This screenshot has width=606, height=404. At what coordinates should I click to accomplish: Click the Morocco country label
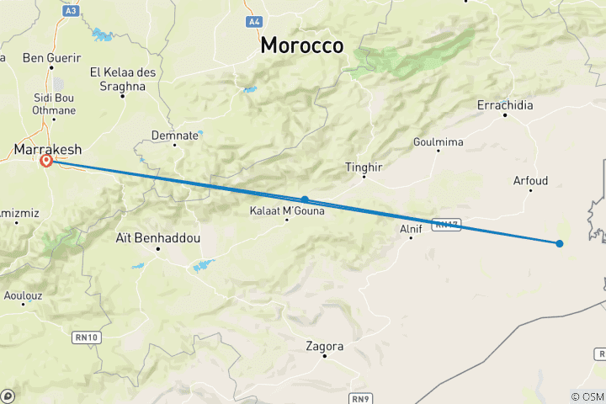pos(301,45)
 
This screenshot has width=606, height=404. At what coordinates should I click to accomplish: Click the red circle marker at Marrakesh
pos(46,161)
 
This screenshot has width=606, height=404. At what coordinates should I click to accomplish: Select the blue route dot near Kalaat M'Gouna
pos(305,199)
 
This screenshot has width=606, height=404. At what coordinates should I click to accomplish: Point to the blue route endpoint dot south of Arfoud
pos(560,243)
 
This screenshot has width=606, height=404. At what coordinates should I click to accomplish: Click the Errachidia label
pos(505,105)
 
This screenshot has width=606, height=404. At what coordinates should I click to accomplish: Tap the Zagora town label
pos(326,346)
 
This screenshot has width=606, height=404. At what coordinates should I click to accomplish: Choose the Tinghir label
pos(364,167)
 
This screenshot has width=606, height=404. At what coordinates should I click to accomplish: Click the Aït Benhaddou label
pos(157,238)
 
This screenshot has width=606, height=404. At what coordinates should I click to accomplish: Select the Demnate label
pos(175,135)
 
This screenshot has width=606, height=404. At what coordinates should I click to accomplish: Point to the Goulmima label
pos(439,142)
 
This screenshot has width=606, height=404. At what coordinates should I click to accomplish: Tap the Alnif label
pos(410,227)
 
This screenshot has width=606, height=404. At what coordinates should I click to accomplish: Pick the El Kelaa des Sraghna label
pos(123,78)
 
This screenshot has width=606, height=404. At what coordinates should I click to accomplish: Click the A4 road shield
pos(253,20)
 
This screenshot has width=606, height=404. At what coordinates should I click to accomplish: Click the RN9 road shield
pos(359,396)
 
